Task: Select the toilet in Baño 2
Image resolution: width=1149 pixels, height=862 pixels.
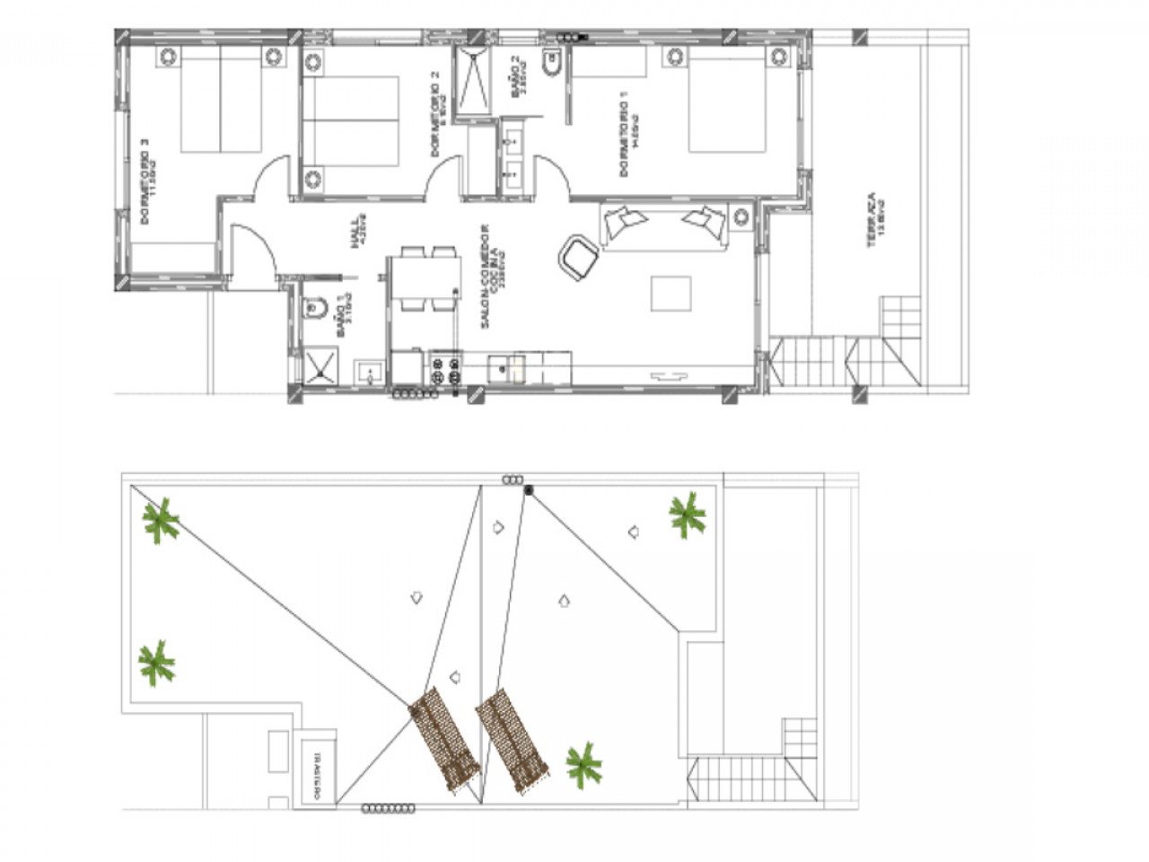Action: [x=551, y=67]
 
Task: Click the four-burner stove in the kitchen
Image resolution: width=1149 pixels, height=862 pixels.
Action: [x=446, y=369]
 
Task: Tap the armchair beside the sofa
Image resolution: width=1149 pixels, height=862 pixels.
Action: [x=577, y=257]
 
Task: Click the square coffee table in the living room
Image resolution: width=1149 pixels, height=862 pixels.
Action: [x=671, y=294]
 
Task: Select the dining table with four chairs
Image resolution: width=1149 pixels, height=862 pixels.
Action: [x=425, y=279]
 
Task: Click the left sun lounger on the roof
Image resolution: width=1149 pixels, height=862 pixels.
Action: [x=444, y=738]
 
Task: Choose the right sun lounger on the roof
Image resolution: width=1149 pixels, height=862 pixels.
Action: [x=512, y=740]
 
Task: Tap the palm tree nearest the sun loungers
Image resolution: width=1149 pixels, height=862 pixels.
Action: [x=583, y=765]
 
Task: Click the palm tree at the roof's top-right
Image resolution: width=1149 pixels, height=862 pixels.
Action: [x=687, y=515]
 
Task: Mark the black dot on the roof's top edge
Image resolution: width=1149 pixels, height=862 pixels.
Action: [x=529, y=489]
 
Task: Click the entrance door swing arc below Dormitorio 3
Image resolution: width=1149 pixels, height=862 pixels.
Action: [x=251, y=253]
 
